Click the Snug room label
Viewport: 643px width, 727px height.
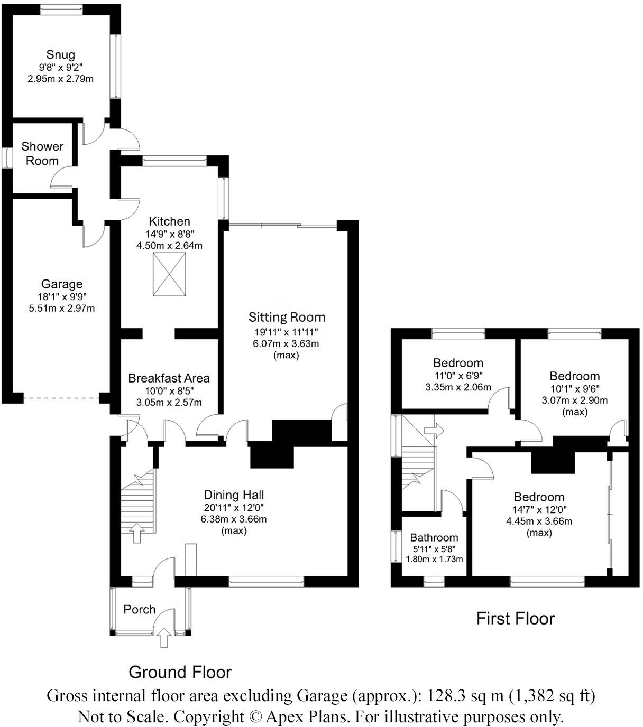pos(60,54)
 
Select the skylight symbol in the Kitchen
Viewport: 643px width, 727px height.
pos(169,274)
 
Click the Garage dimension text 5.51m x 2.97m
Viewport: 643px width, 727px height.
pos(61,308)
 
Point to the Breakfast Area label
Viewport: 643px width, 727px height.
pos(169,378)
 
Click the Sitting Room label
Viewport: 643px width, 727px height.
pos(287,317)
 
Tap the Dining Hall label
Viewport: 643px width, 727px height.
pos(234,495)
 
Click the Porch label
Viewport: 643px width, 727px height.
pos(139,609)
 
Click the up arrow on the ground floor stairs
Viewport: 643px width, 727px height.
pos(136,533)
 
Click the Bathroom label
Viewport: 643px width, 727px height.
pos(434,537)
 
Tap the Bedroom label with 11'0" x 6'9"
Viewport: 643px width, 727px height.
pos(458,363)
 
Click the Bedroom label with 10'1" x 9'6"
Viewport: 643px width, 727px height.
pos(574,376)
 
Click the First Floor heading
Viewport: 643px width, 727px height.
pos(515,618)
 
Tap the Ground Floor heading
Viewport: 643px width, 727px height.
pos(180,672)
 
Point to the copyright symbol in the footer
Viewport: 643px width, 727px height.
pos(255,717)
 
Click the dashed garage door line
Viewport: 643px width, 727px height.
pos(61,398)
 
